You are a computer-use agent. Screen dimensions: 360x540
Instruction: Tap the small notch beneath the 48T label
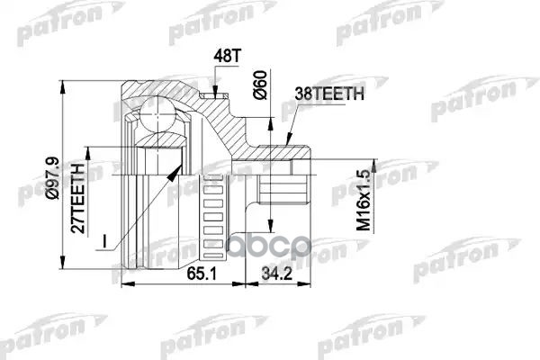click(215, 91)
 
